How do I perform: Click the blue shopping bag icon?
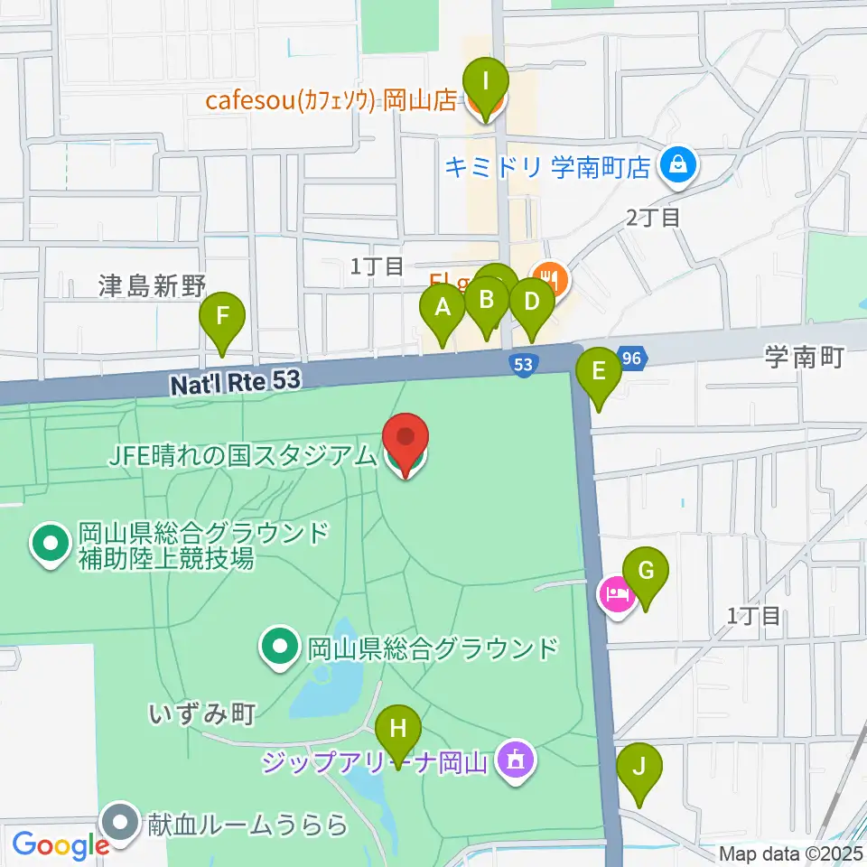click(x=676, y=165)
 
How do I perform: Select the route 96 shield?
click(x=631, y=358)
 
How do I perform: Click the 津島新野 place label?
click(x=154, y=286)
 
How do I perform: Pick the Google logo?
click(x=60, y=845)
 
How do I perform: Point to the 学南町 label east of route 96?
click(x=803, y=358)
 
